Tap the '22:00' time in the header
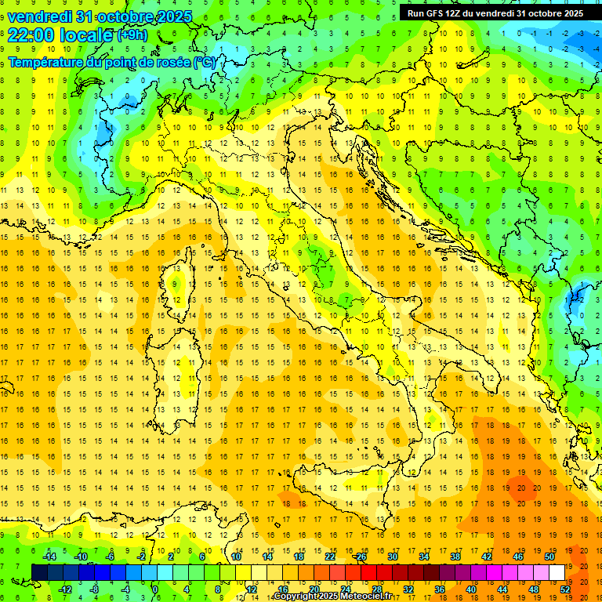click(30, 34)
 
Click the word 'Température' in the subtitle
click(48, 62)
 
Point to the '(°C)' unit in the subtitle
click(205, 62)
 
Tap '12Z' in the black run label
click(462, 13)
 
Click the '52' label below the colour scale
click(565, 589)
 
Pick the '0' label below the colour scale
click(155, 589)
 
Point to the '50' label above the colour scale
click(549, 557)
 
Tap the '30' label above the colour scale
click(392, 557)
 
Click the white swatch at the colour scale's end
click(557, 572)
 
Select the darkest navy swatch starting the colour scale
click(39, 572)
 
